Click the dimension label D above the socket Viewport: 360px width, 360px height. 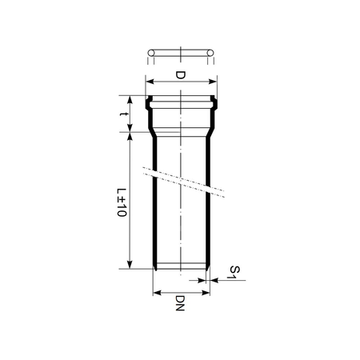(x=180, y=76)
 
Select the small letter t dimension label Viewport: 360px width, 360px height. (x=121, y=115)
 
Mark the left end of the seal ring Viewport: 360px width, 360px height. (x=150, y=54)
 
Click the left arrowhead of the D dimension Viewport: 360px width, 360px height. (x=147, y=81)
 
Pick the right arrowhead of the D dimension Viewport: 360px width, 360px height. (x=215, y=81)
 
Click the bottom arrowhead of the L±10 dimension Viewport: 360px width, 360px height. (x=129, y=267)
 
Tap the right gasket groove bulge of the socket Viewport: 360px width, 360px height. (x=214, y=102)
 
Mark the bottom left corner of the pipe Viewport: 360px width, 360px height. (x=154, y=268)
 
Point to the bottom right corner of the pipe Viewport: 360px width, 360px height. (x=208, y=268)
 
